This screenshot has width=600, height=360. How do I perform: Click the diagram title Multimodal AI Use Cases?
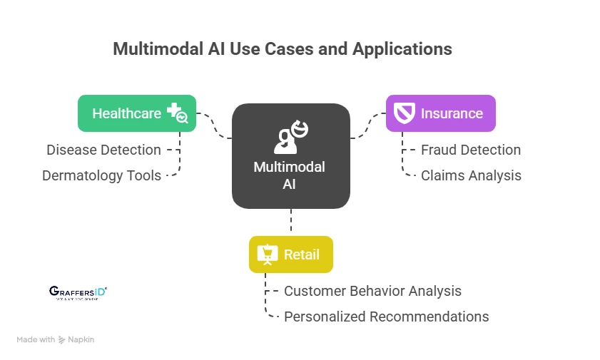pos(282,49)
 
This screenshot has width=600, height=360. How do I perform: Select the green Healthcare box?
pos(136,113)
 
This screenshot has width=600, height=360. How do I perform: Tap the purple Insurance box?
pos(440,113)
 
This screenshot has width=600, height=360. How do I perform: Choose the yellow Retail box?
pos(290,254)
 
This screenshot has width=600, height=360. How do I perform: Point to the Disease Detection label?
pos(103,150)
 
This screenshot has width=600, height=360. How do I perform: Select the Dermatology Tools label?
pos(101,175)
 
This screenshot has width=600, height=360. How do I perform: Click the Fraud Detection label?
pos(470,150)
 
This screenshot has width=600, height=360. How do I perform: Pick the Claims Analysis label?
pos(471,175)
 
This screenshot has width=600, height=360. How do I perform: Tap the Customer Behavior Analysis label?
pos(372,291)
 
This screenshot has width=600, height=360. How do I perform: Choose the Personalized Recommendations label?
pos(386,317)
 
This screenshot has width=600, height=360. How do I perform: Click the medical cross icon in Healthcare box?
pos(176,113)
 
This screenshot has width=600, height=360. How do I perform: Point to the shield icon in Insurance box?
pos(404,113)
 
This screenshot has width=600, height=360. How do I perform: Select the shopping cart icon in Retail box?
pos(268,254)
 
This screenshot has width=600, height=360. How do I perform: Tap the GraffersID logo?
pos(78,292)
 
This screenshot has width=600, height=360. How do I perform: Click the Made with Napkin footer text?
pos(56,340)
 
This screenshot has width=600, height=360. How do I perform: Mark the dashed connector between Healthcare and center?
pos(214,125)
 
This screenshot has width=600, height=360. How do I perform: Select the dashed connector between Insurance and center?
pos(367,125)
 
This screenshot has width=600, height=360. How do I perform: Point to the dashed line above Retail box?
pos(291,222)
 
